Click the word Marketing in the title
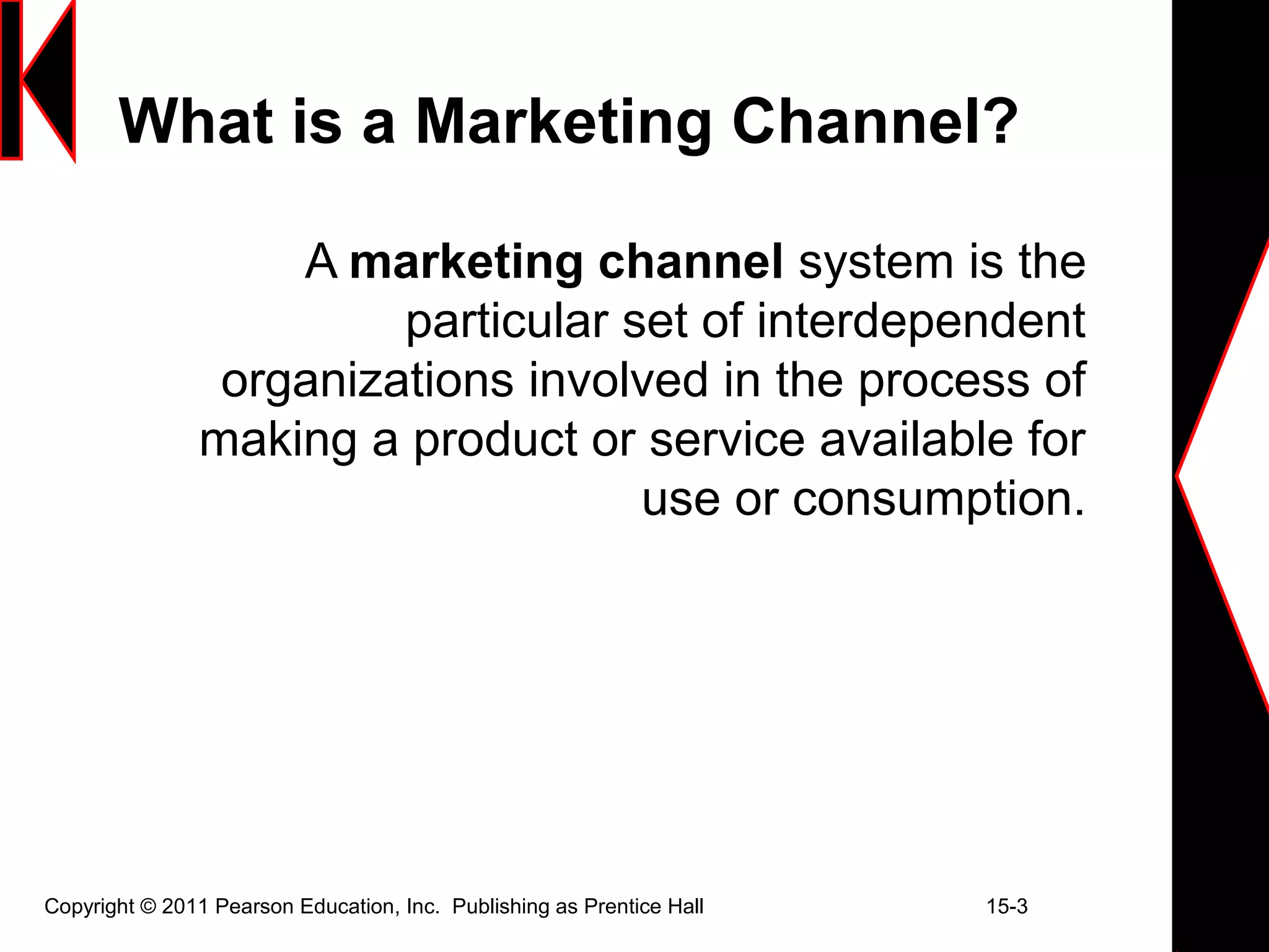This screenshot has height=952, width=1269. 563,123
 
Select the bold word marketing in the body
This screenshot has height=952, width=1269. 466,263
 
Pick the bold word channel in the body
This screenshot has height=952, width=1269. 690,262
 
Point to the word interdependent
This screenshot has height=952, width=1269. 921,321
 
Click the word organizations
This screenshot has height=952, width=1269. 367,381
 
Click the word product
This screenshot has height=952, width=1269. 495,440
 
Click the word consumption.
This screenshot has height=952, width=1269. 939,500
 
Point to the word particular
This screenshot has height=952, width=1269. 506,321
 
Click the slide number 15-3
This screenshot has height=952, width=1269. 1007,907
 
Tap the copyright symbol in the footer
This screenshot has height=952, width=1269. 148,907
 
